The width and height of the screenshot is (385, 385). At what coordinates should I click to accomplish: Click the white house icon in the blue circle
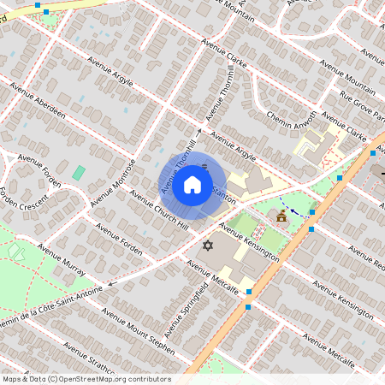click(192, 184)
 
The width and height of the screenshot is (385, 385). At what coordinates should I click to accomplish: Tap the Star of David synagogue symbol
click(206, 246)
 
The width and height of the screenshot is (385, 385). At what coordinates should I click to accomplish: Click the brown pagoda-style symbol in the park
click(281, 219)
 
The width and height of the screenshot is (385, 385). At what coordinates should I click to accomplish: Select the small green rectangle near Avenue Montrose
click(79, 173)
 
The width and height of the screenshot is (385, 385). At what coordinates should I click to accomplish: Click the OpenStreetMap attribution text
click(86, 379)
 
